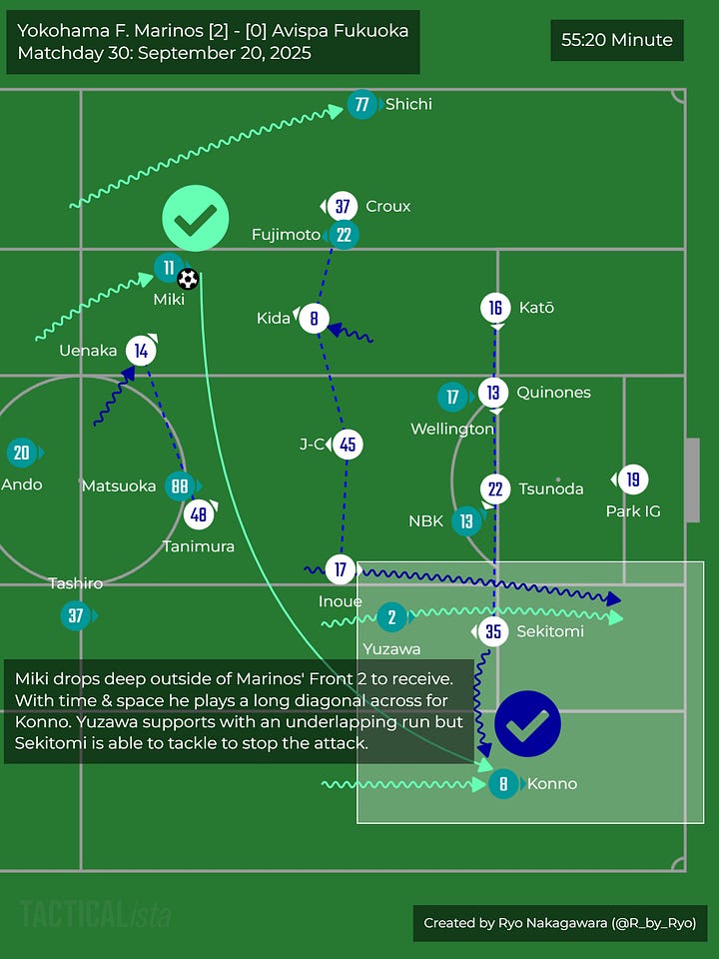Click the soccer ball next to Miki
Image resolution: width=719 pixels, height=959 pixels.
pos(188,279)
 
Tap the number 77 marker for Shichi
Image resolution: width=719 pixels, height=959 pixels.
pos(361,104)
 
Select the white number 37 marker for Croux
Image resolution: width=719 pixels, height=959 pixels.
pos(343,206)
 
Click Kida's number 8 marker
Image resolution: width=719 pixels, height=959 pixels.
pos(314,318)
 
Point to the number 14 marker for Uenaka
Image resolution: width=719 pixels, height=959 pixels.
pos(142,350)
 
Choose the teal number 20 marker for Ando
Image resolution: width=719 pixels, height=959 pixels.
pos(22,454)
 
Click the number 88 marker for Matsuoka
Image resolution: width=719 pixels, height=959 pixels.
pos(179,485)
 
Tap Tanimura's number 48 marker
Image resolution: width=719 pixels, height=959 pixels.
pos(199,514)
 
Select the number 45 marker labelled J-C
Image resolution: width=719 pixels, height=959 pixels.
pos(348,445)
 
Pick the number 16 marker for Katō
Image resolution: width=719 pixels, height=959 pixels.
pos(495,308)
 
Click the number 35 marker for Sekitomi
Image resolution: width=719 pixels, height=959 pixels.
pos(493,631)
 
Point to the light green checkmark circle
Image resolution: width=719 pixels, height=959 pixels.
pos(196,218)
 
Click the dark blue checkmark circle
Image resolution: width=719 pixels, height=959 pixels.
pos(527,723)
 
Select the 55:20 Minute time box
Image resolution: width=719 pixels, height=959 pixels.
pos(617,41)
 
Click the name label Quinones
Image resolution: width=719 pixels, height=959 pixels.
pos(553,393)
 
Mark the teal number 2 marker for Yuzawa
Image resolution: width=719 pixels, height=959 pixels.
pos(391,618)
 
